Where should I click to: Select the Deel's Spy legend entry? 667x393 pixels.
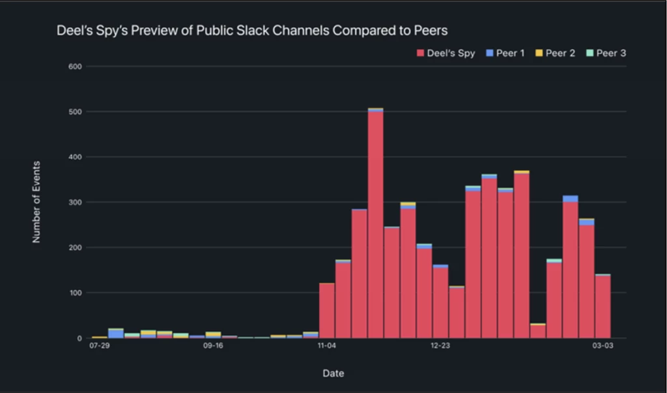click(446, 53)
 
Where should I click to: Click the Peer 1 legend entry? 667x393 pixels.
click(505, 53)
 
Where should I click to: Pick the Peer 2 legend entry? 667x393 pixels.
click(555, 53)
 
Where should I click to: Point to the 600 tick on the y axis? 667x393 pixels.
click(74, 66)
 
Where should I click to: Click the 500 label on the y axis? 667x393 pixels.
click(74, 111)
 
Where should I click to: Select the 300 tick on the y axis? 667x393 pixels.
click(74, 202)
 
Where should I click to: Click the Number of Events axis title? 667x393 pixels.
click(36, 202)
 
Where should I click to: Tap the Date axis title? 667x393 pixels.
click(333, 373)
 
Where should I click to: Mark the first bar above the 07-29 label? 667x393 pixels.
click(100, 337)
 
